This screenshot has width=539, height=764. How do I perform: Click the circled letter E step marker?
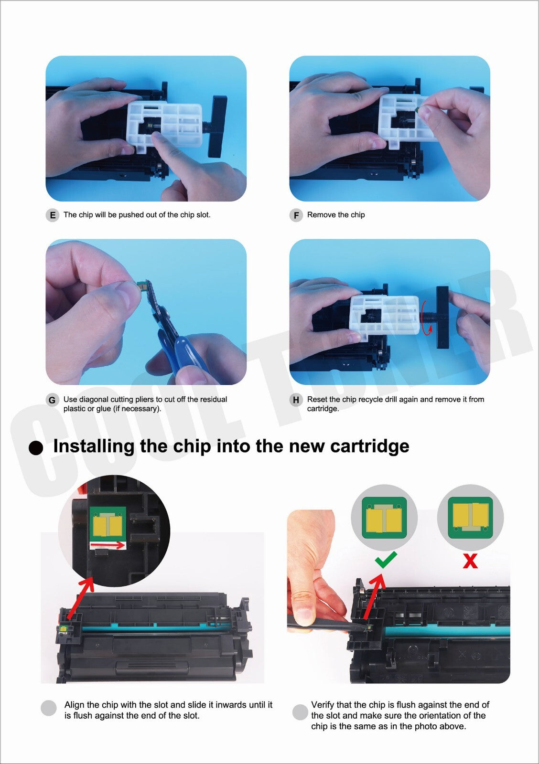coord(52,215)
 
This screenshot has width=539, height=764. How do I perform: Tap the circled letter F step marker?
coord(296,215)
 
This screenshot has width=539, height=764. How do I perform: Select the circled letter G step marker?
coord(52,400)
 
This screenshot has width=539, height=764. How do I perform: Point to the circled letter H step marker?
coord(296,400)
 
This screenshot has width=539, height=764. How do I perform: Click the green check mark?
coord(386,560)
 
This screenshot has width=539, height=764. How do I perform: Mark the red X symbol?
coord(470,561)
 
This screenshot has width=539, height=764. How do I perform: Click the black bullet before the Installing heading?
coord(36,447)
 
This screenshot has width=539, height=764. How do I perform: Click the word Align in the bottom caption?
coord(75,705)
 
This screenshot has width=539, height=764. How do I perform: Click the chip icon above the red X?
coord(470,518)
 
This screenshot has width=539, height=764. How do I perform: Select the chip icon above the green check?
coord(384,518)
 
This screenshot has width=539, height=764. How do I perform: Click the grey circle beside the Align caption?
coord(48,708)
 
